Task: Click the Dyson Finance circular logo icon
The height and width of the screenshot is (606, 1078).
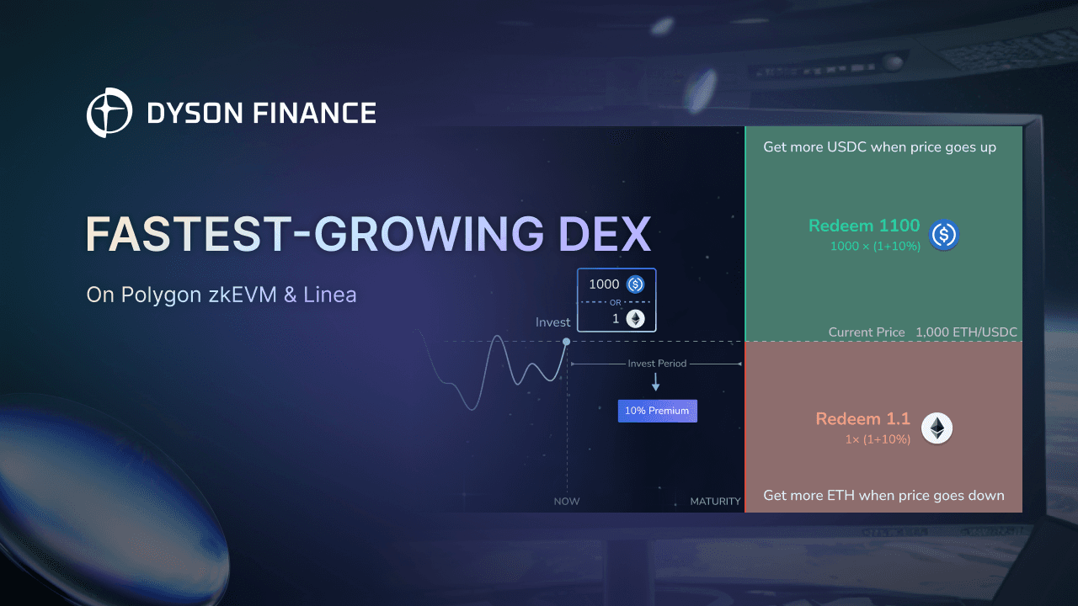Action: point(109,113)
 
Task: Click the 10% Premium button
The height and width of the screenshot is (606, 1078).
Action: point(657,411)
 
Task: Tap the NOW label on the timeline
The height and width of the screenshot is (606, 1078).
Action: point(567,501)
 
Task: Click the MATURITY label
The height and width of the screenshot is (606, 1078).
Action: point(715,501)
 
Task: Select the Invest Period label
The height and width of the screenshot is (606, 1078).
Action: point(657,364)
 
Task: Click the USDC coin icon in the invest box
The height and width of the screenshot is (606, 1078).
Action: point(635,284)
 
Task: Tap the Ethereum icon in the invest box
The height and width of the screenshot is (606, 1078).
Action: point(635,318)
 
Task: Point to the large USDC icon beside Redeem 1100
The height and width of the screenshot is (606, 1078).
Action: point(944,235)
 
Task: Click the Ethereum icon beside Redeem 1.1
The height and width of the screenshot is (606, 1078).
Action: point(937,428)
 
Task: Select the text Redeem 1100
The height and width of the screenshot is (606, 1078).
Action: point(864,226)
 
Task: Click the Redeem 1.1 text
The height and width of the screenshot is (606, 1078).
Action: point(862,419)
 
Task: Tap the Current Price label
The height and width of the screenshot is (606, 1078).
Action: point(867,332)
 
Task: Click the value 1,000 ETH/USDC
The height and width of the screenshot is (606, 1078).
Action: point(967,332)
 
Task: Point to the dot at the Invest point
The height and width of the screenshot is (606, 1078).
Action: point(566,341)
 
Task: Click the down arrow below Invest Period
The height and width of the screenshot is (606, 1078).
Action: point(655,382)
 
